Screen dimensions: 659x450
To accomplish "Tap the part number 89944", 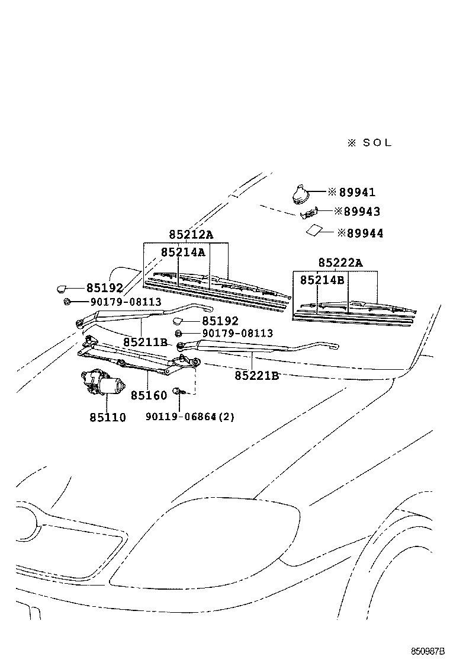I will point(364,233).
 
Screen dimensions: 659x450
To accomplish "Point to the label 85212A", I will point(190,235).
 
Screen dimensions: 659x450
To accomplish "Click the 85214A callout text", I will point(183,252).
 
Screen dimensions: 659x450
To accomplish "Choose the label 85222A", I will point(340,263).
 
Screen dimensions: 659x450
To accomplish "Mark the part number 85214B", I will point(322,280).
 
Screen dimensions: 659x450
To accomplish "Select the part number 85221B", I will point(256,375).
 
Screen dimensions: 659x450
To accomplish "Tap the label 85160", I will point(149,395).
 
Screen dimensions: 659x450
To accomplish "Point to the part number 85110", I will point(108,417).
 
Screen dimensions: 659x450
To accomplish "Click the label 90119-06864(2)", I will point(190,417).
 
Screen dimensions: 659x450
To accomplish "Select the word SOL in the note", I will point(377,143).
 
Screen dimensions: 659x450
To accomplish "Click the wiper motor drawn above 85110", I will point(103,382).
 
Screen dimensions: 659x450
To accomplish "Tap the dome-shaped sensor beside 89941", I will point(299,193).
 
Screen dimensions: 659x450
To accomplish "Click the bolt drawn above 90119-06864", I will point(178,391).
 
